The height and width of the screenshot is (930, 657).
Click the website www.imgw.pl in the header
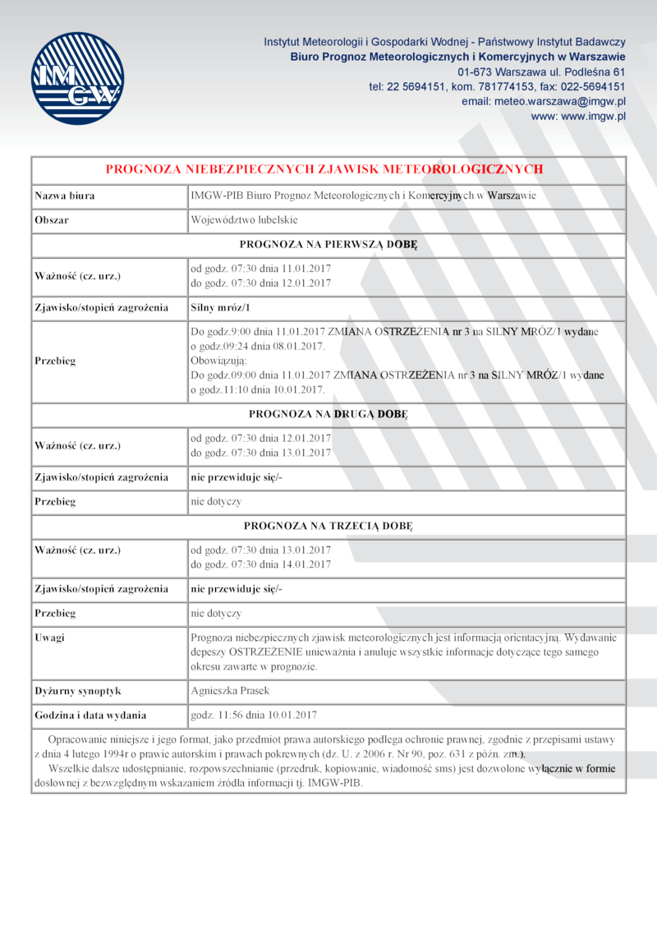(578, 117)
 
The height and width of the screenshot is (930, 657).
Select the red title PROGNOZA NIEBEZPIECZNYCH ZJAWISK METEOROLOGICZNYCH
(325, 169)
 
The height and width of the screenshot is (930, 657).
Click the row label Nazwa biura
(64, 196)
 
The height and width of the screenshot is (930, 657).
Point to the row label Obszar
(51, 220)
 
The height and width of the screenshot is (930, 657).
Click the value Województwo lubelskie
(244, 220)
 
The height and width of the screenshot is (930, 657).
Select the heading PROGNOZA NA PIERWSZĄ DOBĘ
(328, 245)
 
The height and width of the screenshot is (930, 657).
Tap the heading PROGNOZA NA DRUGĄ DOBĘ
(328, 415)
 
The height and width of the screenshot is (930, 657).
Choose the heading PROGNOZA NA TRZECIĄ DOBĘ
(328, 525)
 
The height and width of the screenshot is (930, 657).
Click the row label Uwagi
(50, 638)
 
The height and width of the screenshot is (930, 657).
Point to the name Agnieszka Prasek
(229, 691)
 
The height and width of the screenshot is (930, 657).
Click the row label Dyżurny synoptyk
(78, 691)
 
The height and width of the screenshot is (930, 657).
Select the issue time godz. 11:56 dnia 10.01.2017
(254, 715)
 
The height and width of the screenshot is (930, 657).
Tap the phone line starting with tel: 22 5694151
(497, 85)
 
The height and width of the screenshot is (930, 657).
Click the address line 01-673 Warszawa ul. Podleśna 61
(542, 71)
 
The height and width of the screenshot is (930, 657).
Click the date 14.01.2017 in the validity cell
(306, 564)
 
